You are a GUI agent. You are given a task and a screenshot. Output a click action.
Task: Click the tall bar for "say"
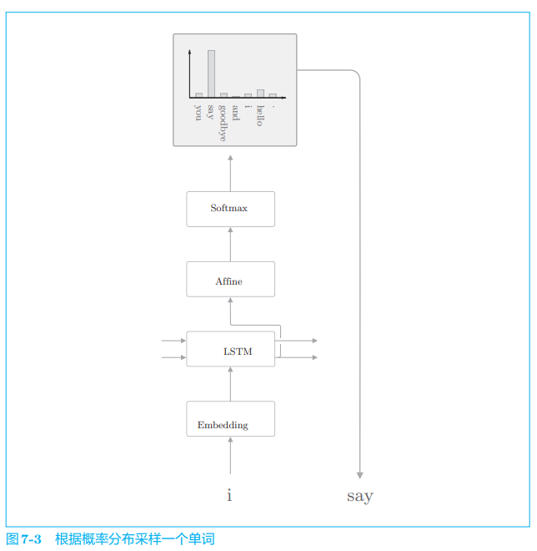(211, 73)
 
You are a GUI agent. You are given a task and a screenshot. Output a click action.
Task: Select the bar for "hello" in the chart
(260, 94)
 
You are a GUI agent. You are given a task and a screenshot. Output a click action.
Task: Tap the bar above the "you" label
(198, 95)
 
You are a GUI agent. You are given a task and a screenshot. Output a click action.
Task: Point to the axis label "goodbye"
(223, 123)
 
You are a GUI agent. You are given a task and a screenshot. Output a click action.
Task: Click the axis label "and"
(236, 114)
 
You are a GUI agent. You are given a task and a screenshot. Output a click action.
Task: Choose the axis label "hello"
(260, 116)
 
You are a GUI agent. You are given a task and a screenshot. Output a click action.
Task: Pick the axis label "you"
(198, 112)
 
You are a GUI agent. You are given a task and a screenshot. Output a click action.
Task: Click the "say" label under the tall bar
(211, 112)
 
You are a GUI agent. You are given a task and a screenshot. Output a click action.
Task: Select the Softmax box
(230, 209)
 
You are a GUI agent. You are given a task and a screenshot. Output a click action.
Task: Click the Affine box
(230, 280)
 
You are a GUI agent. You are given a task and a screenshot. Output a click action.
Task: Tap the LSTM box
(230, 349)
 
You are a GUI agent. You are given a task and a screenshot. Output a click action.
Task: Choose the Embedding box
(230, 419)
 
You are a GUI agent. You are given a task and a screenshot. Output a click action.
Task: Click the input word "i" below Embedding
(229, 496)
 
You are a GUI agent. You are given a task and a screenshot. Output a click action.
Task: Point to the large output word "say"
(359, 496)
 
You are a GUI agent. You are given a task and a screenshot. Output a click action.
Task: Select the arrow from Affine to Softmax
(230, 244)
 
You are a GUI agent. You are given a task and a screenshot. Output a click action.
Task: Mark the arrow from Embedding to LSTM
(230, 384)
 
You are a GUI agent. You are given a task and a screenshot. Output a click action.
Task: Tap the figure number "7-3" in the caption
(32, 539)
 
